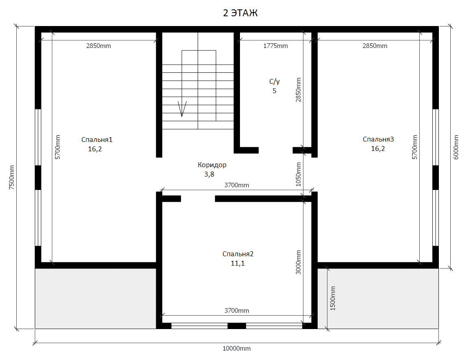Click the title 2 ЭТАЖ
[x=240, y=13]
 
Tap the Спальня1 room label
[x=97, y=140]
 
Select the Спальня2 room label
[x=238, y=254]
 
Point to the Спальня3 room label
[x=378, y=139]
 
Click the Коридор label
[x=212, y=165]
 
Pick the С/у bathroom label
[x=275, y=81]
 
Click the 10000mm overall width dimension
[x=236, y=349]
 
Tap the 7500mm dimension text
[x=11, y=177]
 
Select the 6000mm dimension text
[x=456, y=147]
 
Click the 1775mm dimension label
[x=275, y=46]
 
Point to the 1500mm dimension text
[x=333, y=298]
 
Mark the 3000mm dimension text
[x=298, y=262]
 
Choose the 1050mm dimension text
[x=298, y=174]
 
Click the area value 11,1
[x=238, y=264]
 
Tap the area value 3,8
[x=209, y=174]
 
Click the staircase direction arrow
[x=182, y=109]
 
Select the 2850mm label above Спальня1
[x=98, y=46]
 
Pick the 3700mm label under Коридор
[x=237, y=185]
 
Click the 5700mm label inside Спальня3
[x=414, y=147]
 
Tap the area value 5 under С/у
[x=274, y=91]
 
